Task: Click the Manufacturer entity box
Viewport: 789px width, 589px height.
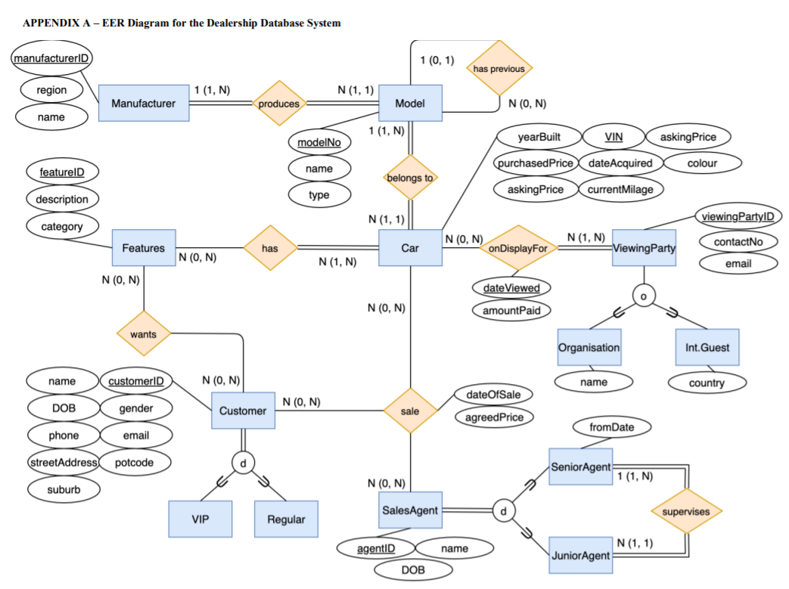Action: click(143, 103)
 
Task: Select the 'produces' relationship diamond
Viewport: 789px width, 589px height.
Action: click(278, 104)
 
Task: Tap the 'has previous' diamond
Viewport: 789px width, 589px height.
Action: click(499, 69)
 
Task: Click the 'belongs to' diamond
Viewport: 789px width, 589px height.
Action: click(411, 178)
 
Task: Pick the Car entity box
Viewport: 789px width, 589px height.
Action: click(410, 248)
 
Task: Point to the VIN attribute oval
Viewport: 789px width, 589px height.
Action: click(613, 137)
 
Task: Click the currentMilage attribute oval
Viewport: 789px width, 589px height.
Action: click(620, 189)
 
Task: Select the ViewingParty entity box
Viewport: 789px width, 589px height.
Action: click(645, 248)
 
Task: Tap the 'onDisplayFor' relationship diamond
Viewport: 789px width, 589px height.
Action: click(518, 248)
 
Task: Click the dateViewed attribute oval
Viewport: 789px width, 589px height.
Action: click(511, 288)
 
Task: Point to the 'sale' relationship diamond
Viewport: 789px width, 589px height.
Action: click(410, 411)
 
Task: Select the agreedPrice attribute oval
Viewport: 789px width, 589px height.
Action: click(495, 417)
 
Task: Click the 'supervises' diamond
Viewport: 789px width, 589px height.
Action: click(687, 512)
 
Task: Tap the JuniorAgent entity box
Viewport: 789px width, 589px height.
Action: click(579, 556)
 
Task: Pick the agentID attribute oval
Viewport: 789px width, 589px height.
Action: click(375, 547)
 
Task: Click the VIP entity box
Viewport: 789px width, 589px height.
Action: click(200, 519)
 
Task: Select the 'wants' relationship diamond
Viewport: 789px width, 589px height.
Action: click(143, 333)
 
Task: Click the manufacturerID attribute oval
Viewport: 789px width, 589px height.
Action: click(52, 59)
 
